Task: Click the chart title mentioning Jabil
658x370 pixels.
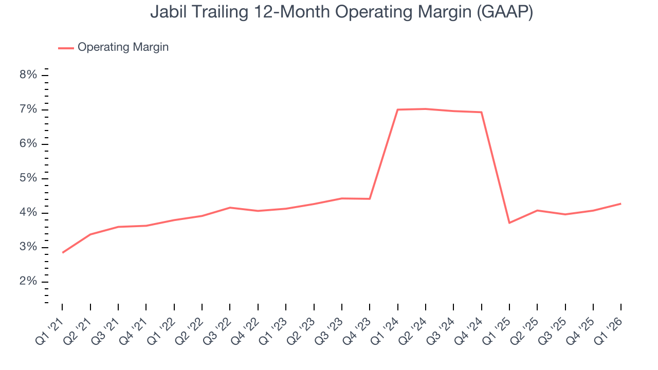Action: click(341, 12)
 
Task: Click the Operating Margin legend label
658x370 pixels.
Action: click(123, 47)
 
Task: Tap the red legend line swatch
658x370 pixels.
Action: click(66, 48)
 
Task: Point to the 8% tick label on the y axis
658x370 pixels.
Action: click(28, 75)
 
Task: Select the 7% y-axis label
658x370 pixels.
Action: click(28, 109)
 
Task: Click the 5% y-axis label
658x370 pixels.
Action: click(28, 178)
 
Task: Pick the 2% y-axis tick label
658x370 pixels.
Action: click(28, 282)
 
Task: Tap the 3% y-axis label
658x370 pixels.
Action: click(28, 247)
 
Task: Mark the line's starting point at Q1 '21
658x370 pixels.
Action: click(63, 252)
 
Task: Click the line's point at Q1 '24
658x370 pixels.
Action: click(398, 109)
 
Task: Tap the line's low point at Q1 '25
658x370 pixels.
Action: click(509, 223)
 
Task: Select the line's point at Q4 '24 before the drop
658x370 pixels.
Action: click(482, 112)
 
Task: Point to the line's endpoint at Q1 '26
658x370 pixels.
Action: click(620, 203)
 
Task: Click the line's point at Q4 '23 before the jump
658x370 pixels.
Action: click(370, 198)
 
